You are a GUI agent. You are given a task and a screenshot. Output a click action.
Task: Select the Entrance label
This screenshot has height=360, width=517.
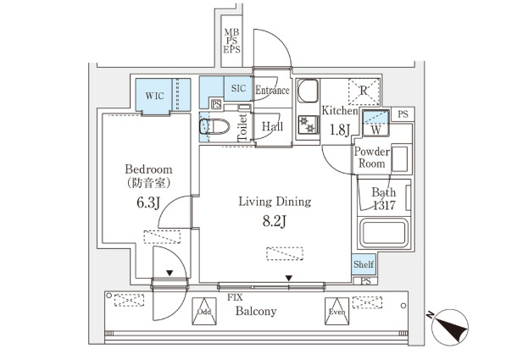272,91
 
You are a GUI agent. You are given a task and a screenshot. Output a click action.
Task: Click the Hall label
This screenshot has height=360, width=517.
272,126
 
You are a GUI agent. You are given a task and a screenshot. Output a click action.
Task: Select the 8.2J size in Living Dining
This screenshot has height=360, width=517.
274,223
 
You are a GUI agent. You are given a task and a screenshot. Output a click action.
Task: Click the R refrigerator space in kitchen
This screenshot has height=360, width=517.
363,92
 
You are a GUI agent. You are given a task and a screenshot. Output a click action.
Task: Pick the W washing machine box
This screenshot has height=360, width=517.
374,130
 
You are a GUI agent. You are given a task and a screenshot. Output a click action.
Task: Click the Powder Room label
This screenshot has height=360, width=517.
371,158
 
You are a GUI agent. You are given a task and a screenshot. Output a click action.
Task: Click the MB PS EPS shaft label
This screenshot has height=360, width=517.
231,41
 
